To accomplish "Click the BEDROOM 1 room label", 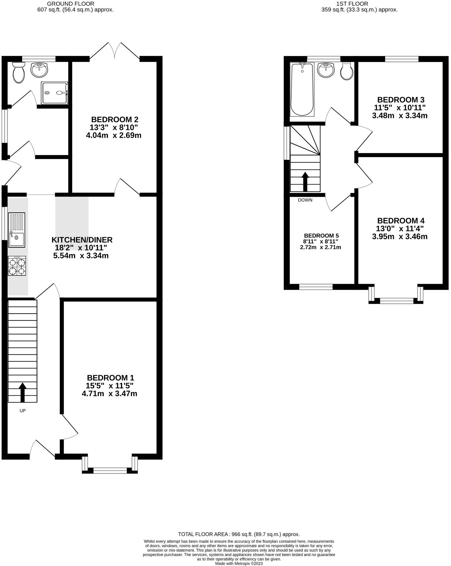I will pyautogui.click(x=110, y=378).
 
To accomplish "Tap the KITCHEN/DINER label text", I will pyautogui.click(x=82, y=240).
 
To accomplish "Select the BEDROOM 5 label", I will pyautogui.click(x=321, y=236).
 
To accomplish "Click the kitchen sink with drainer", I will pyautogui.click(x=17, y=229).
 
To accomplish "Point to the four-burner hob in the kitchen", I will pyautogui.click(x=17, y=266).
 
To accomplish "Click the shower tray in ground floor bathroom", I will pyautogui.click(x=55, y=93).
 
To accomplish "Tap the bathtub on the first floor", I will pyautogui.click(x=302, y=89).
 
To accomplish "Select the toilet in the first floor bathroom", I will pyautogui.click(x=346, y=71).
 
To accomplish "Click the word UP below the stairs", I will pyautogui.click(x=23, y=411).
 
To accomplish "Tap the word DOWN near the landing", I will pyautogui.click(x=305, y=200).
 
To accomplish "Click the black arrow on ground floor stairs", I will pyautogui.click(x=23, y=392).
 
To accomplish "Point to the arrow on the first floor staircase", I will pyautogui.click(x=305, y=181).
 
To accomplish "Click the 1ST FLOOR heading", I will pyautogui.click(x=352, y=4).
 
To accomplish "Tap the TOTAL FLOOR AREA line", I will pyautogui.click(x=239, y=534).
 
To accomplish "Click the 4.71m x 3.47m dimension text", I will pyautogui.click(x=109, y=394).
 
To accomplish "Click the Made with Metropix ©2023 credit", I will pyautogui.click(x=239, y=563).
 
